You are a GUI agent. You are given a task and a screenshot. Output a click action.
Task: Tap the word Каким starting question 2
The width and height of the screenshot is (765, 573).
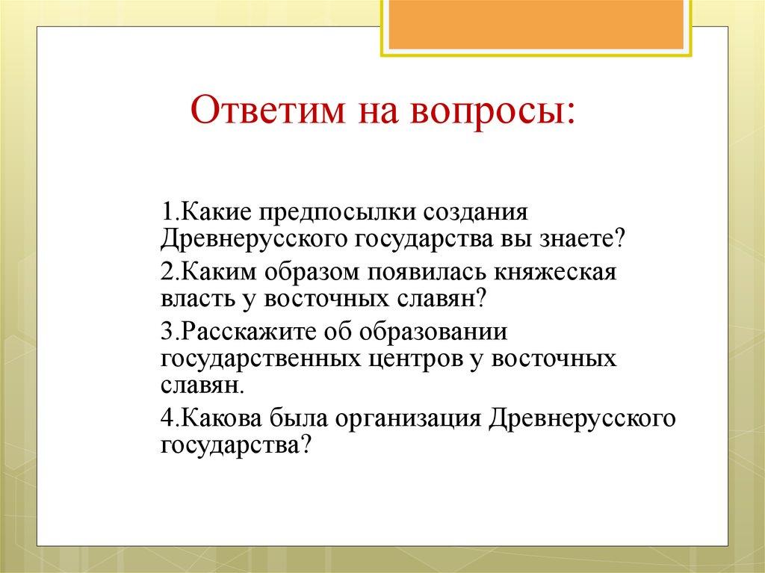click(x=210, y=271)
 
